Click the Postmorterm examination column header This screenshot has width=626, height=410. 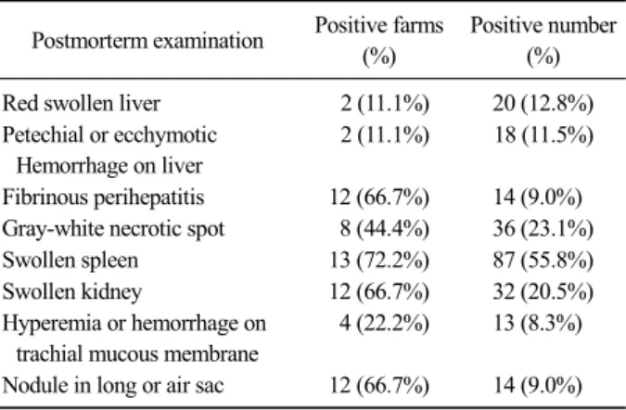coord(147,41)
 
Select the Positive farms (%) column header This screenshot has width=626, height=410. coord(379,40)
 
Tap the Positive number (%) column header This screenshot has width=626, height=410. coord(543,40)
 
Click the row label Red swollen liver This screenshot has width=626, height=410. coord(82,103)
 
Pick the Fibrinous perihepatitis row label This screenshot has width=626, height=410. coord(103,198)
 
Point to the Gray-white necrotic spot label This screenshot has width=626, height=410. coord(113,229)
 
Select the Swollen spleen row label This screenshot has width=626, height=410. coord(70,261)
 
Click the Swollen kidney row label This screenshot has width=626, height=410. coord(72,291)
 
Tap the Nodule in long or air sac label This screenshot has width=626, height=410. coord(113,386)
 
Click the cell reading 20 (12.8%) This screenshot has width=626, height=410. coord(543,104)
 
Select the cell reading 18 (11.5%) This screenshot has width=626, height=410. coord(543,135)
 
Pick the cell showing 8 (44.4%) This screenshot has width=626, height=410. coord(385,229)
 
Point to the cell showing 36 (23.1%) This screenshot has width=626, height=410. coord(543,229)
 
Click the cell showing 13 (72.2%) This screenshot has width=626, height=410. coord(379,261)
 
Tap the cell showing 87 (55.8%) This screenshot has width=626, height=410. coord(543,261)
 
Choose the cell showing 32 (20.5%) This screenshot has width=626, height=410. coord(543,291)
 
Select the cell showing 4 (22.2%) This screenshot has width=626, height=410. coord(385,323)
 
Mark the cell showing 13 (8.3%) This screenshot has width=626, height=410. coord(538,323)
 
